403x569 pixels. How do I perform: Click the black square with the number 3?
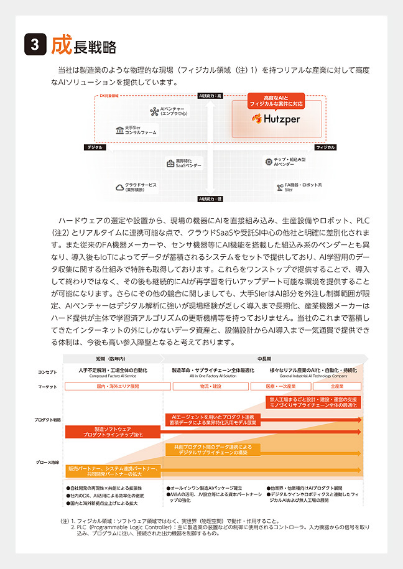[x=35, y=45]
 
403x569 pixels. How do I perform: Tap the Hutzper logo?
[x=276, y=118]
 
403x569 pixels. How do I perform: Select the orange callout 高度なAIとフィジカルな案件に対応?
[x=276, y=101]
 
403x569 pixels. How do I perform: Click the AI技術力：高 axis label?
[x=210, y=96]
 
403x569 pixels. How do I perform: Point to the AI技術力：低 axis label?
[x=210, y=199]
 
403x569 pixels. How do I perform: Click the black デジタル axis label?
[x=95, y=147]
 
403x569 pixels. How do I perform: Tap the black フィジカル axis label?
[x=325, y=147]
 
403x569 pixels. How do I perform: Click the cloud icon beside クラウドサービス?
[x=119, y=187]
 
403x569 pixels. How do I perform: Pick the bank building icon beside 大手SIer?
[x=119, y=131]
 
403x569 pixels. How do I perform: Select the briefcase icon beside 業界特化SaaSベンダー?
[x=170, y=164]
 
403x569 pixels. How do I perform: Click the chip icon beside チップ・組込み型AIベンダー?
[x=268, y=161]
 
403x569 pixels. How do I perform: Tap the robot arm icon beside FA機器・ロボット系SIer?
[x=279, y=186]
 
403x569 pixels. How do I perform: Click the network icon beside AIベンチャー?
[x=154, y=111]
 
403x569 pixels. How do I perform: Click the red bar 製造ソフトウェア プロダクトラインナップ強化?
[x=113, y=432]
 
